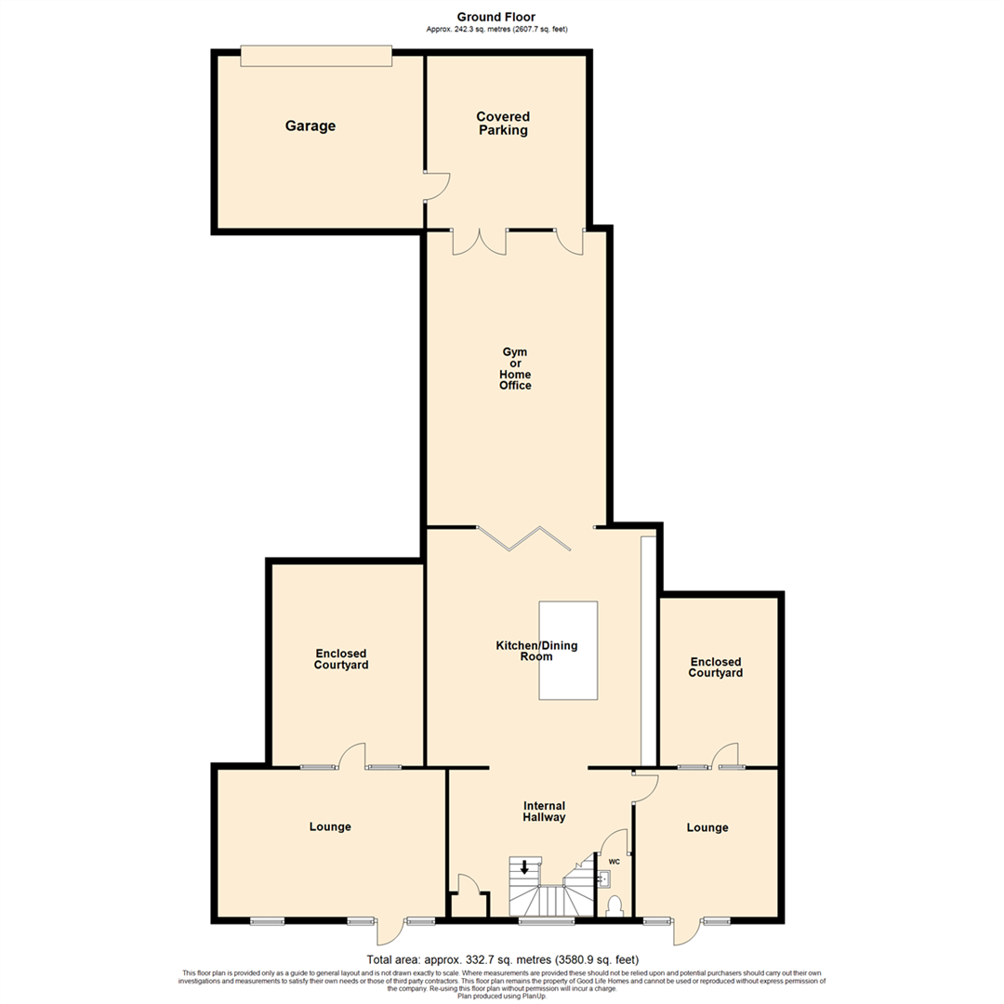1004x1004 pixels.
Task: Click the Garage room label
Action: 310,126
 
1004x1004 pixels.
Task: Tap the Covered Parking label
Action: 503,124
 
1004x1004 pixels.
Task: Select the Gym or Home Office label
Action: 515,368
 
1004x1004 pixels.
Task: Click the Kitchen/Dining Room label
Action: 523,651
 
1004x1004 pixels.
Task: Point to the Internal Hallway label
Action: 544,812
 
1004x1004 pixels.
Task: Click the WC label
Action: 614,862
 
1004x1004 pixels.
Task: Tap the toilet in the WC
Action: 614,905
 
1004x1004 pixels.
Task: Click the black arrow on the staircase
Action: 524,868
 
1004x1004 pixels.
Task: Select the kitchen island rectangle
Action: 568,650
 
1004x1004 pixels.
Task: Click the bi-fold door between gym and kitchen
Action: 521,538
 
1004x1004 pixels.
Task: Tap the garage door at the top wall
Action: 315,56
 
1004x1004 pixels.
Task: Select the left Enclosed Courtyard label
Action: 341,659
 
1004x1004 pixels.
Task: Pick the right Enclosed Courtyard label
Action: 716,667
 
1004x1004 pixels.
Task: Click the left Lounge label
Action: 330,826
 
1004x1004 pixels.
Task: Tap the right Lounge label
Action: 707,827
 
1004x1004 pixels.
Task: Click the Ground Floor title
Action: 495,17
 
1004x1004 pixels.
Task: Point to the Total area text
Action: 502,959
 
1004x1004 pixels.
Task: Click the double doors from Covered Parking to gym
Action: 479,241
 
